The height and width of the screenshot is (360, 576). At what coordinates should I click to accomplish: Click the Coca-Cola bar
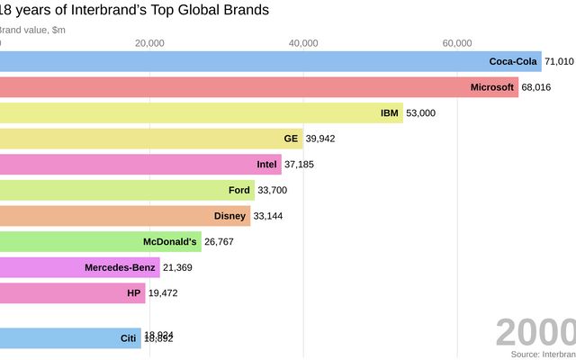point(270,61)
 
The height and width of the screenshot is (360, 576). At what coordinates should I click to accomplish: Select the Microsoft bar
point(259,87)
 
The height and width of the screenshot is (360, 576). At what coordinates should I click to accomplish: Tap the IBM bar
point(202,112)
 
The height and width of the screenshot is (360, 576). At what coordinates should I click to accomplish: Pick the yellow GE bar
point(151,139)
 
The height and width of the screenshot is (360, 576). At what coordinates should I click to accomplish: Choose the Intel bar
point(140,165)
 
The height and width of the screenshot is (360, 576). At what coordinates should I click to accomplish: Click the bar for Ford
point(127,190)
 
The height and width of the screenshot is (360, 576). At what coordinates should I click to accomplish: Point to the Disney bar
point(125,216)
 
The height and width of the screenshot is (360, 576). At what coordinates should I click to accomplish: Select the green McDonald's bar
point(101,241)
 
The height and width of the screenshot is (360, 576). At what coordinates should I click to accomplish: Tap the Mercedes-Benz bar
point(80,267)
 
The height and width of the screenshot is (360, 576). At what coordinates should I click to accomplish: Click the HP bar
point(72,292)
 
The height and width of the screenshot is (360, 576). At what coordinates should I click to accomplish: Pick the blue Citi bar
point(70,338)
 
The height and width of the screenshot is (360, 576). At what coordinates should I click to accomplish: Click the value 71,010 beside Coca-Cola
point(559,61)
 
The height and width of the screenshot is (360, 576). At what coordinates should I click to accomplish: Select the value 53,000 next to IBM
point(421,112)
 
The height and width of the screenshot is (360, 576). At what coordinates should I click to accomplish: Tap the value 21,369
point(178,267)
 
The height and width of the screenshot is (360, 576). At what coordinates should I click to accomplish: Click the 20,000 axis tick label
point(149,43)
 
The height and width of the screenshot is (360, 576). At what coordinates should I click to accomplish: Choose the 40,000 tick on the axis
point(303,43)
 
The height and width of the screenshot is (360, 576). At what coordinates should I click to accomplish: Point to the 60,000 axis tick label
point(457,43)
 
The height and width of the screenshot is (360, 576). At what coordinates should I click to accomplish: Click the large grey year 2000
point(535,332)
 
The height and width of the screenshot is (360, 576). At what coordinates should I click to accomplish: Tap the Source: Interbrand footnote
point(543,355)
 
